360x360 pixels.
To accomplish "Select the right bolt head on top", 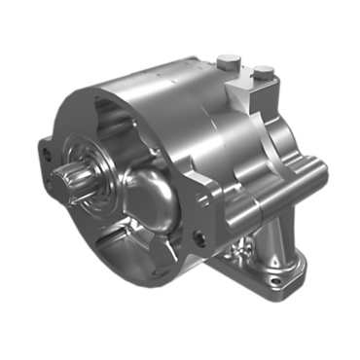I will coord(264,71).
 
